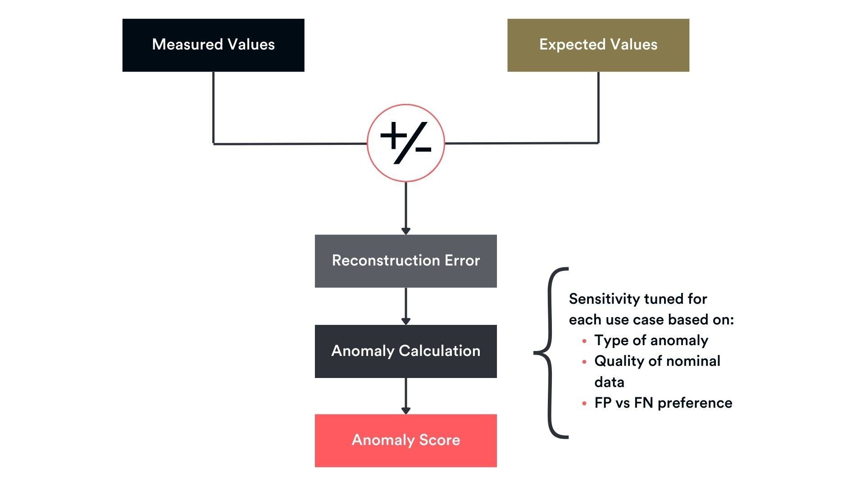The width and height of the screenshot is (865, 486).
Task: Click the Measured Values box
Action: pos(213,45)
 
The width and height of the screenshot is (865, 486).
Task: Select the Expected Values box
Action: pos(598,45)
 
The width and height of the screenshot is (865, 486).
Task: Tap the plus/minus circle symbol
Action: pos(405,143)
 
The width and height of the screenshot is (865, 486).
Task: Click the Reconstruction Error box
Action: pos(405,261)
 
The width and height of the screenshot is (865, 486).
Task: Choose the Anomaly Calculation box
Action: pos(405,351)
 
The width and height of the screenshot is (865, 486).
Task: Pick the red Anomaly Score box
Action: pos(405,441)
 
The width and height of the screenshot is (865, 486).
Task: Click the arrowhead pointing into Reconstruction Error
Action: pos(405,231)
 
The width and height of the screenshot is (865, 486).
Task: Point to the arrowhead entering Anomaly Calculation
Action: pos(405,321)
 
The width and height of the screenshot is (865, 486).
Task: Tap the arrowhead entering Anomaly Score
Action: pos(405,410)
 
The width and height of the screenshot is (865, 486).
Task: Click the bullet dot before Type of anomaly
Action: pos(584,341)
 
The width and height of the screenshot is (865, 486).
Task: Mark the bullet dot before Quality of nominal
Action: pos(584,362)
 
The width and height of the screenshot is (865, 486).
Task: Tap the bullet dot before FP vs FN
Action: pos(584,404)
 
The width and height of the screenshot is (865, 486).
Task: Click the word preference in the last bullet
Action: pos(695,403)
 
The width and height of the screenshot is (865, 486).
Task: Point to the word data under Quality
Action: pos(609,382)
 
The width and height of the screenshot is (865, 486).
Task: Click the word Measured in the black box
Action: pos(187,45)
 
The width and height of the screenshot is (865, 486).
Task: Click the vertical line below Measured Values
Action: pos(213,108)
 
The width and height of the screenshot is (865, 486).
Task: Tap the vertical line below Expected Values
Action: pos(598,108)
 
